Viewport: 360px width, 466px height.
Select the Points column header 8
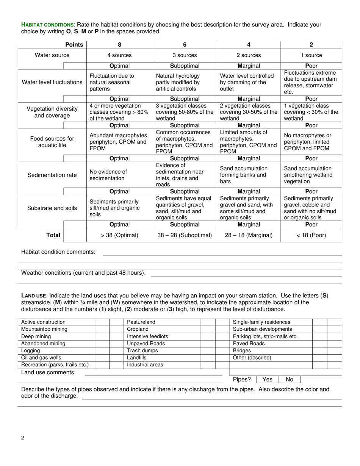(119, 45)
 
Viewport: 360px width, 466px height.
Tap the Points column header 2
(311, 45)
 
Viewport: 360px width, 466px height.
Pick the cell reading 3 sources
(185, 55)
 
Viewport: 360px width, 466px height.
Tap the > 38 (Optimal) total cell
(119, 235)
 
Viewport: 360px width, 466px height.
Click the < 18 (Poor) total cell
(311, 235)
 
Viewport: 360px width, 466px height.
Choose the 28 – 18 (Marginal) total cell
(249, 235)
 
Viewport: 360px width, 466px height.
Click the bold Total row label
(53, 235)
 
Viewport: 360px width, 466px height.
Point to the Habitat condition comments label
(58, 252)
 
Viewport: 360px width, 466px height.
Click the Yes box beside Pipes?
(267, 379)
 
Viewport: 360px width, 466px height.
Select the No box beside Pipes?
(290, 379)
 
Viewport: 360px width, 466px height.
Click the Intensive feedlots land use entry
(147, 336)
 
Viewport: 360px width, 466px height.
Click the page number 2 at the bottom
(23, 438)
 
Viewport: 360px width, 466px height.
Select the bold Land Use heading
(34, 296)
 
